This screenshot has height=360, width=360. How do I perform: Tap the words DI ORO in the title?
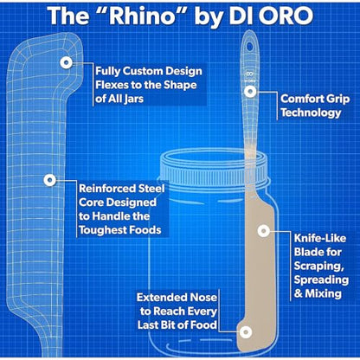pyautogui.click(x=271, y=16)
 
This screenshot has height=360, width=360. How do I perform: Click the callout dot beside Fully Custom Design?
pyautogui.click(x=67, y=62)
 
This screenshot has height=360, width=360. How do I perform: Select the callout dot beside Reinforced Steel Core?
pyautogui.click(x=49, y=180)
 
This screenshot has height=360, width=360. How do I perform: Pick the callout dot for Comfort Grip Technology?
pyautogui.click(x=250, y=92)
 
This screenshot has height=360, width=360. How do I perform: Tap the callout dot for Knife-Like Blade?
pyautogui.click(x=263, y=230)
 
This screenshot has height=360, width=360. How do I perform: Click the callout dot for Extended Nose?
pyautogui.click(x=245, y=332)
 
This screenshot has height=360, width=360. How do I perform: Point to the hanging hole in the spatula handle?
pyautogui.click(x=250, y=46)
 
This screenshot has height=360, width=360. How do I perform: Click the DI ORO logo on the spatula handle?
pyautogui.click(x=250, y=77)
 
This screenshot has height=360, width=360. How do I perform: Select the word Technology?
pyautogui.click(x=311, y=112)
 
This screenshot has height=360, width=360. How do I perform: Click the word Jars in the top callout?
pyautogui.click(x=134, y=99)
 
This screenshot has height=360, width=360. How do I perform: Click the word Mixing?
pyautogui.click(x=324, y=293)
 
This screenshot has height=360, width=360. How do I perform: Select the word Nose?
pyautogui.click(x=203, y=298)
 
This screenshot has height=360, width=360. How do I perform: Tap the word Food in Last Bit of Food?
pyautogui.click(x=203, y=325)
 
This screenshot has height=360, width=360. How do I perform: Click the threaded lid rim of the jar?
pyautogui.click(x=213, y=168)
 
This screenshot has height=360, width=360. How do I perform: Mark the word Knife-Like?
pyautogui.click(x=320, y=238)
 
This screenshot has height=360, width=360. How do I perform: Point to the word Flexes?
pyautogui.click(x=111, y=85)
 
